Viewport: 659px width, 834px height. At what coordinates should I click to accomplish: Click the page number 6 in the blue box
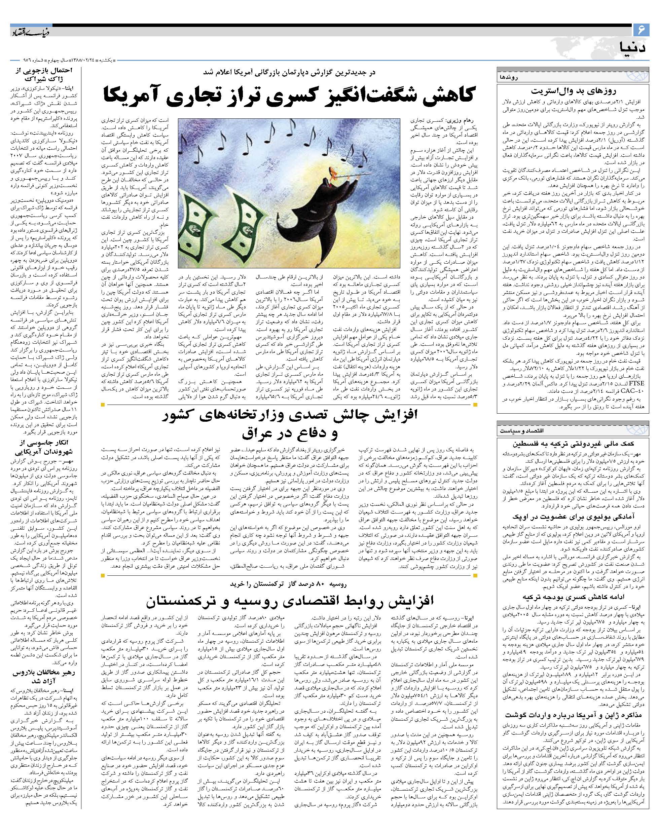[642, 29]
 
